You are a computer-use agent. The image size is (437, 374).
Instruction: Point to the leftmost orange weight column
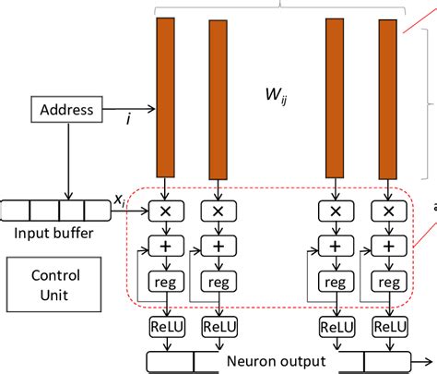165,97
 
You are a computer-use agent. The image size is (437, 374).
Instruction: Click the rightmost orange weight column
388,97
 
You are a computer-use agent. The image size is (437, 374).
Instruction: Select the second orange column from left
218,97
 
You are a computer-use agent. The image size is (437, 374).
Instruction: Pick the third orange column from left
335,97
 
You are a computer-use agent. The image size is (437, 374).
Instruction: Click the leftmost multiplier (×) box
165,211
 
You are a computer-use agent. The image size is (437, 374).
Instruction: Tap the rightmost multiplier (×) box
388,211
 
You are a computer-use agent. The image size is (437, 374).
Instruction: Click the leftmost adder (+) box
165,247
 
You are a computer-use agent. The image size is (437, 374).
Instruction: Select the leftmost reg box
165,281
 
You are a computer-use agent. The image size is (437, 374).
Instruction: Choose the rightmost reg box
388,281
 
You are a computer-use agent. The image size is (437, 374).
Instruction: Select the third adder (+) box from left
335,247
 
